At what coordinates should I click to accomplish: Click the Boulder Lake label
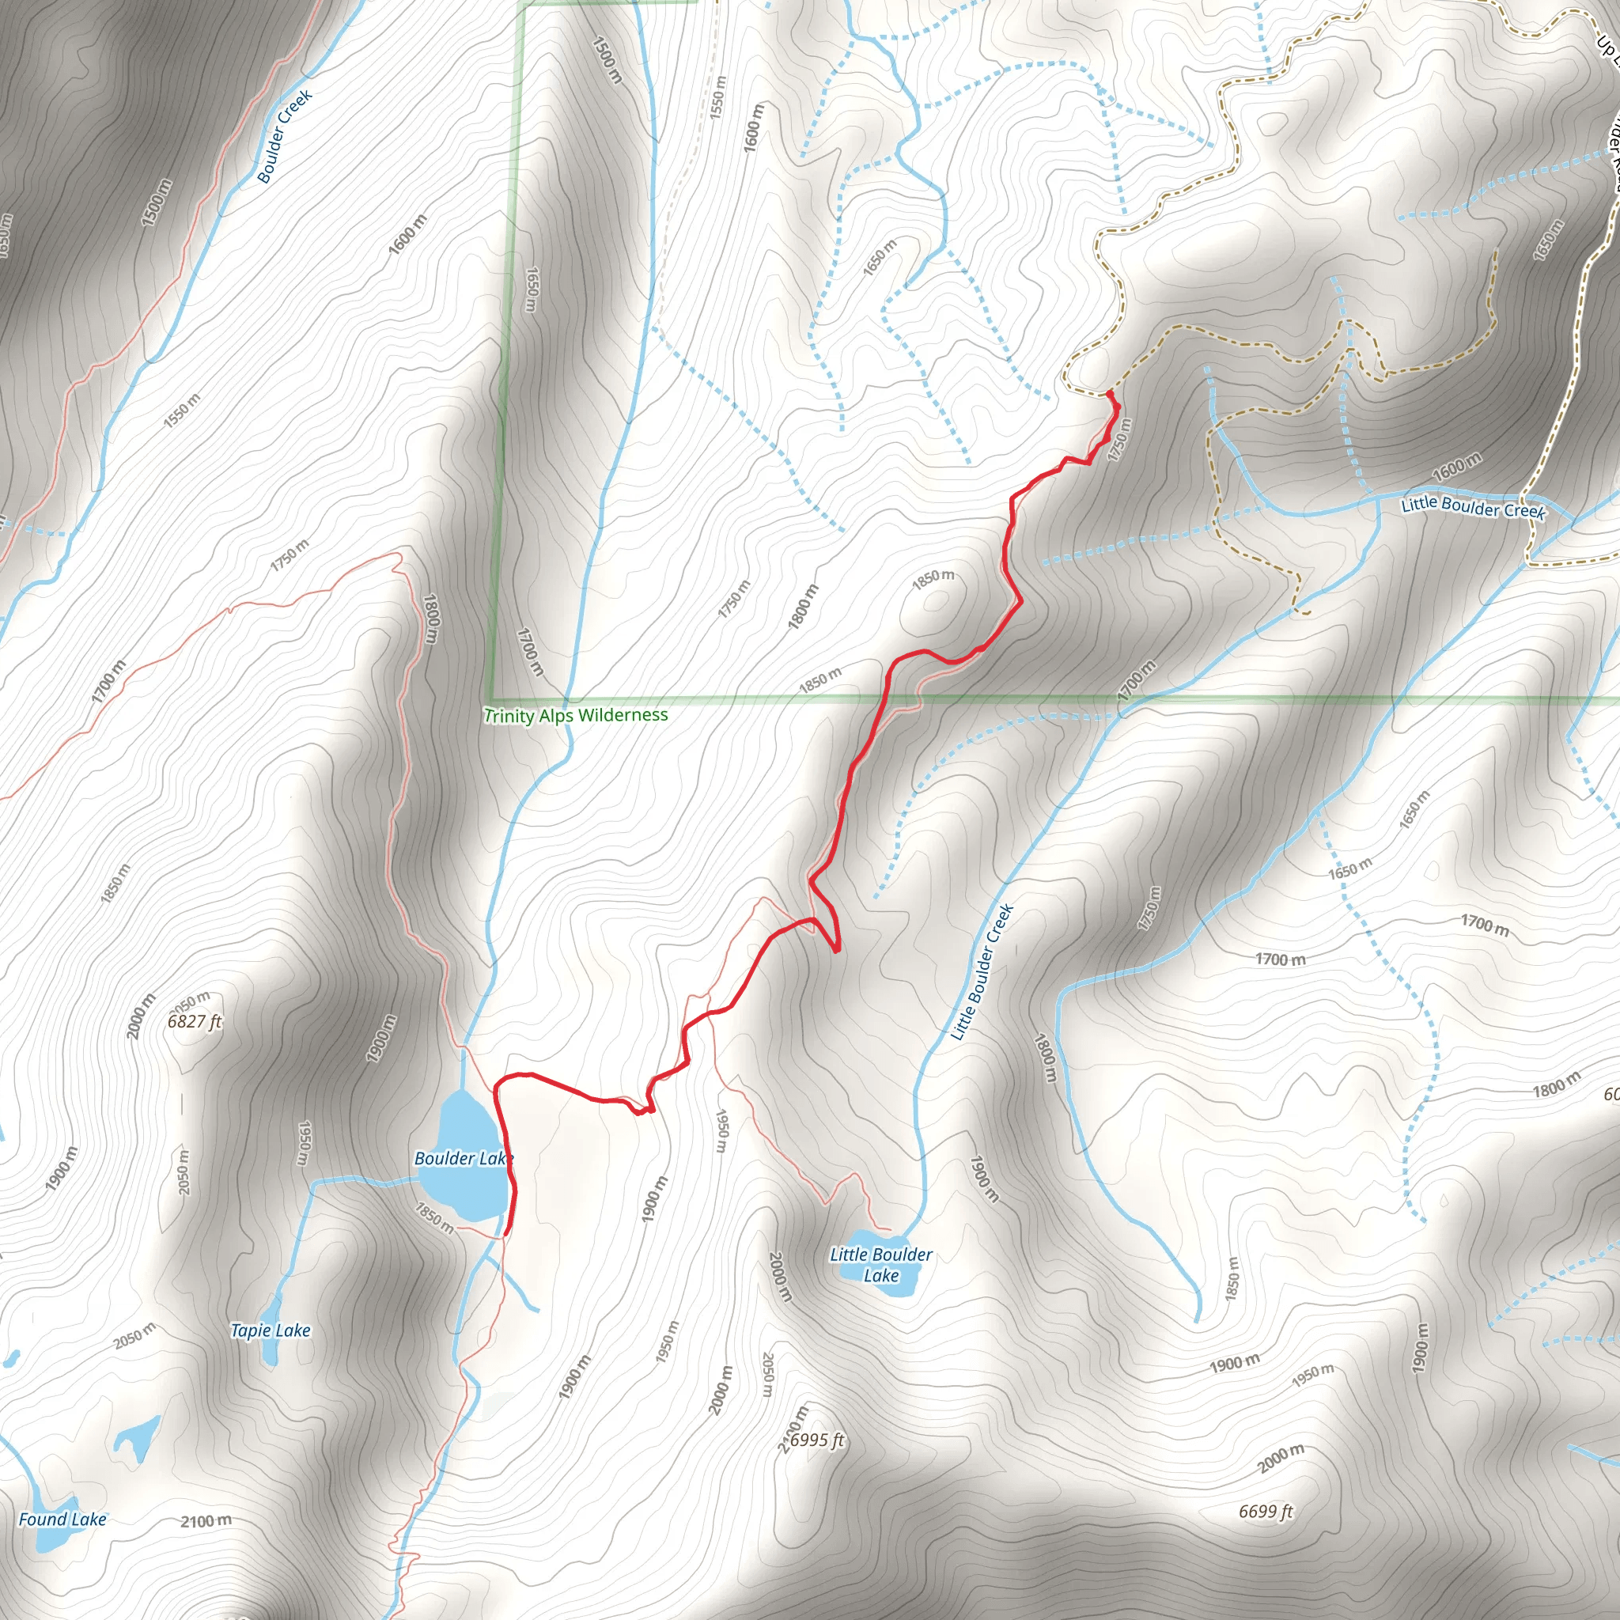pos(462,1159)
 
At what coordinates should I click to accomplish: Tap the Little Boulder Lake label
pos(880,1265)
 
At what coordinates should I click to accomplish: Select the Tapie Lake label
pos(270,1330)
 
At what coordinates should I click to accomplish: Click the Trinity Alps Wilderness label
pos(575,715)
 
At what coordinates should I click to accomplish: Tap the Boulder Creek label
pos(284,136)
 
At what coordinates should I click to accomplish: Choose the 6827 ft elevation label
pos(195,1021)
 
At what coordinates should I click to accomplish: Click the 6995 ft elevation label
pos(816,1440)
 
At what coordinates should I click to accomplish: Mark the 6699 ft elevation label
pos(1266,1511)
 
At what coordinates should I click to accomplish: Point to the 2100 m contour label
pos(206,1520)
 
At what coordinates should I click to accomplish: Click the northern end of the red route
pos(1109,392)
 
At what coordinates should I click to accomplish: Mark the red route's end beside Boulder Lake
pos(506,1233)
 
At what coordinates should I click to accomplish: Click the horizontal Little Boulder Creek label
pos(1472,507)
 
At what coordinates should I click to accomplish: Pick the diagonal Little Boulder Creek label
pos(982,973)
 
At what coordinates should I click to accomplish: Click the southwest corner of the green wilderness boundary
pos(491,699)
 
